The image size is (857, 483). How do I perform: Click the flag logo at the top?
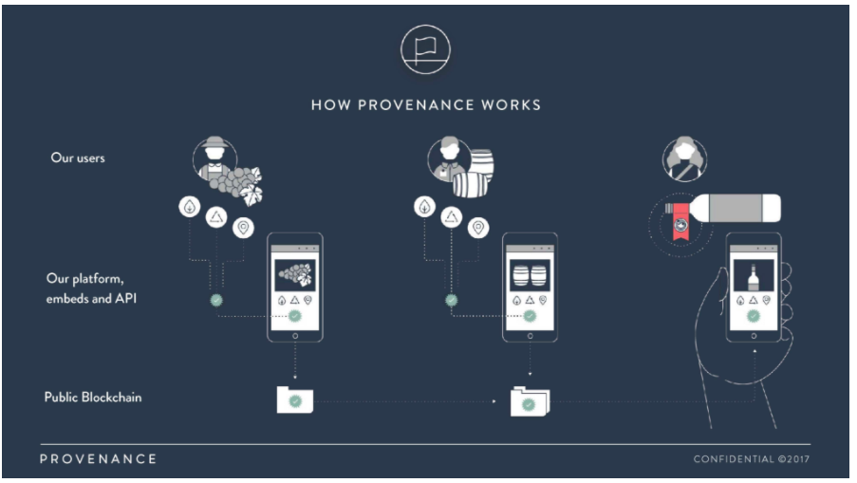point(425,49)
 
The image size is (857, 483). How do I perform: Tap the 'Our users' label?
point(78,158)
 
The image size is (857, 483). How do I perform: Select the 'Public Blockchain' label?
point(93,398)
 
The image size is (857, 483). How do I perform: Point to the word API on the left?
point(125,298)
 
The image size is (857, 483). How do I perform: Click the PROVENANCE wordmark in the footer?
point(99,459)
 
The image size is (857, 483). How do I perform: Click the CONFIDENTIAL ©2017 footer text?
point(752,459)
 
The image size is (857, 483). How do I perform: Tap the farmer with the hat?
point(214,158)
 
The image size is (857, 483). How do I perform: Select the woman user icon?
point(684,159)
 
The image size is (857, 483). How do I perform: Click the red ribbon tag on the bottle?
point(680,221)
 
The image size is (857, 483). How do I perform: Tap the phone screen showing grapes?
point(294,275)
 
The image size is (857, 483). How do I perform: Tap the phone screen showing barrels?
point(530,275)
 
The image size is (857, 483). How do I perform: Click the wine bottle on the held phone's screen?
point(754,277)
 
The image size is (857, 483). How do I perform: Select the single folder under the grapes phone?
point(295,399)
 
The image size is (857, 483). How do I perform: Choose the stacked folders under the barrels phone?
point(530,401)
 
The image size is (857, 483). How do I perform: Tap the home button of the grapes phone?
point(295,336)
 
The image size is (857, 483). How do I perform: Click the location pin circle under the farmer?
point(243,228)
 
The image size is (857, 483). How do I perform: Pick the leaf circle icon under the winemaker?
point(424,207)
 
